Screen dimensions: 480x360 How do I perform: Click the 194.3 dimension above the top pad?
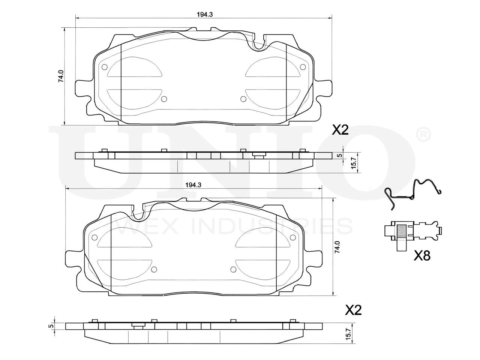pos(205,14)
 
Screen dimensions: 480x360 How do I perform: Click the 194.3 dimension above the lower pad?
pos(193,185)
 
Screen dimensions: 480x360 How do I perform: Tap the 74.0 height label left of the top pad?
pos(61,76)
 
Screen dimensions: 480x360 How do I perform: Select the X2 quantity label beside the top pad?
pos(340,130)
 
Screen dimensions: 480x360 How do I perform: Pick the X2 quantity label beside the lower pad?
pos(353,310)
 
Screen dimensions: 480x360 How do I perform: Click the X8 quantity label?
pos(422,255)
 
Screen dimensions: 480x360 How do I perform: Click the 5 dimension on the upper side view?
pos(340,156)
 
